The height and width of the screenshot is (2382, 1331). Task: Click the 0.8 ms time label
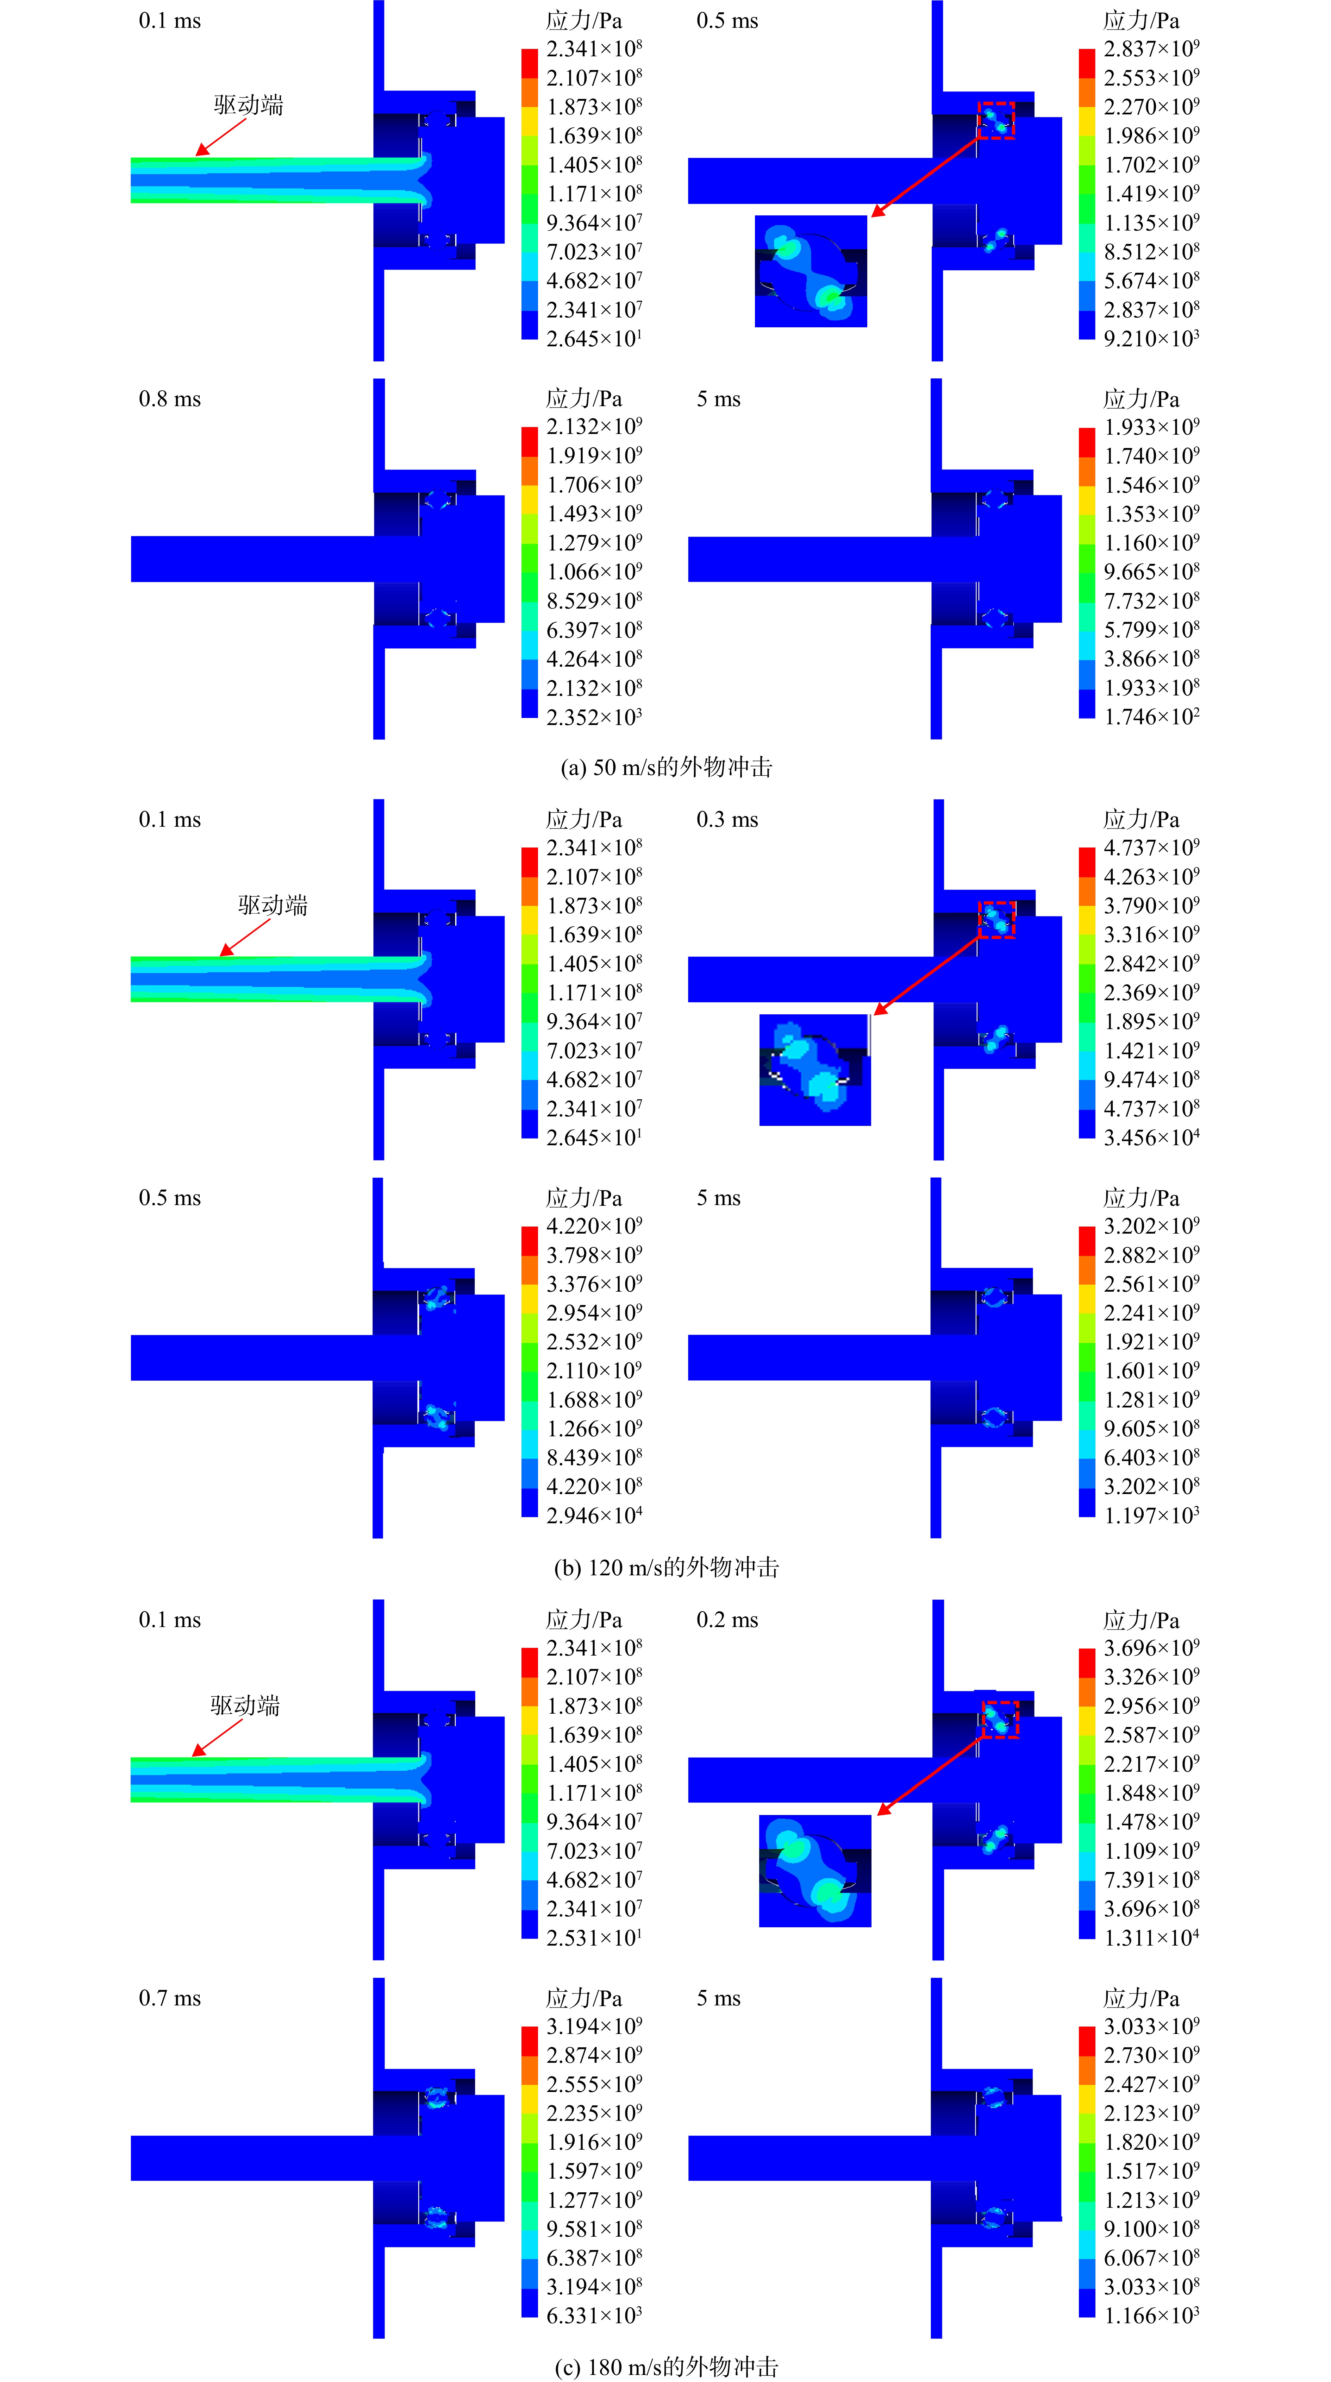point(169,399)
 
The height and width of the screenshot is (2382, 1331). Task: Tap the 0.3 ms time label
point(727,820)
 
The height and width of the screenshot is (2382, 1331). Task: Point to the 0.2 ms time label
point(727,1620)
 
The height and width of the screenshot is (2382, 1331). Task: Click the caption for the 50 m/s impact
point(666,768)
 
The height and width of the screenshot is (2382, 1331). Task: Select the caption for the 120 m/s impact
point(666,1567)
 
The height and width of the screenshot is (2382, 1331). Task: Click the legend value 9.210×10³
point(1151,339)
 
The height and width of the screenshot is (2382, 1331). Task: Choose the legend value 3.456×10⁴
point(1151,1138)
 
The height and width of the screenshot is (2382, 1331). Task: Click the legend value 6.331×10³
point(594,2314)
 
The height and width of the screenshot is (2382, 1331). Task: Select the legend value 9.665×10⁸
point(1151,572)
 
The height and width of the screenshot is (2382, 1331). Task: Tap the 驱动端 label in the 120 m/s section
point(273,905)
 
